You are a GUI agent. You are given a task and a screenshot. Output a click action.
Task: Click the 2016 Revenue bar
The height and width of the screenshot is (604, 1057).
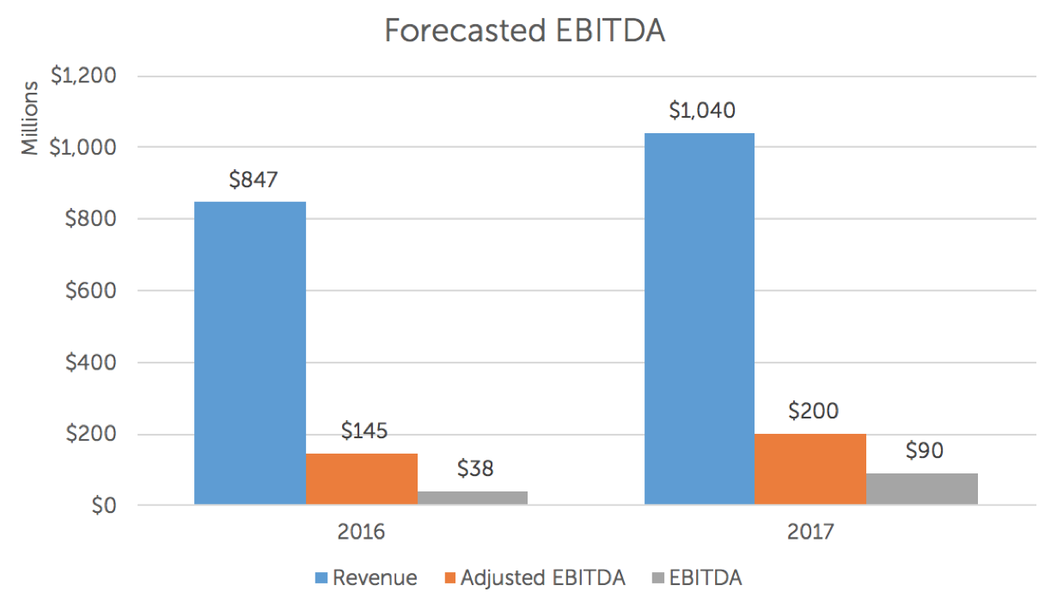pos(249,352)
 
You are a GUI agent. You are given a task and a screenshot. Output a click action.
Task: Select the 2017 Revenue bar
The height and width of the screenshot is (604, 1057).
pos(699,318)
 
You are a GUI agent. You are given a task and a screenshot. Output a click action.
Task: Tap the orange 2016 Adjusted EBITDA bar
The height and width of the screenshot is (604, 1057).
pos(361,479)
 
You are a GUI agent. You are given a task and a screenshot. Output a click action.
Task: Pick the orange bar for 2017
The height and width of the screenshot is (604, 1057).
pos(810,469)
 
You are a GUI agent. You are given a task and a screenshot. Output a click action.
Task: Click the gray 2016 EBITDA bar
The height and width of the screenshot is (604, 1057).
pos(472,497)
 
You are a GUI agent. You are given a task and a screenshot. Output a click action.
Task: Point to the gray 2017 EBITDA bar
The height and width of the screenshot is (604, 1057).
pos(921,488)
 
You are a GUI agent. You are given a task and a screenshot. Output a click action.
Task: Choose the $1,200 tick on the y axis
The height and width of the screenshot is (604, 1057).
pos(82,76)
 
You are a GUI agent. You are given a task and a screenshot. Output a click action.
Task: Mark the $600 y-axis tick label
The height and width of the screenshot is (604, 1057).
pos(89,290)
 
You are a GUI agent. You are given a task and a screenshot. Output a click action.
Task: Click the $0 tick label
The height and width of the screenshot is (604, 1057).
pos(101,505)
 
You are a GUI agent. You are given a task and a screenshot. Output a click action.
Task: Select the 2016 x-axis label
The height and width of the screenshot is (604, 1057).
pos(361,532)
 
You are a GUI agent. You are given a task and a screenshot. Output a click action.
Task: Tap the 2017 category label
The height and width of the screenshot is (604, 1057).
pos(810,532)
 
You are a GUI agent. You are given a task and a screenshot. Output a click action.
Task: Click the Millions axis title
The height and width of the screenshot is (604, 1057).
pos(30,118)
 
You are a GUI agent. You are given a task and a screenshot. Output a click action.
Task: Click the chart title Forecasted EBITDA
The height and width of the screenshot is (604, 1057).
pos(525,30)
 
